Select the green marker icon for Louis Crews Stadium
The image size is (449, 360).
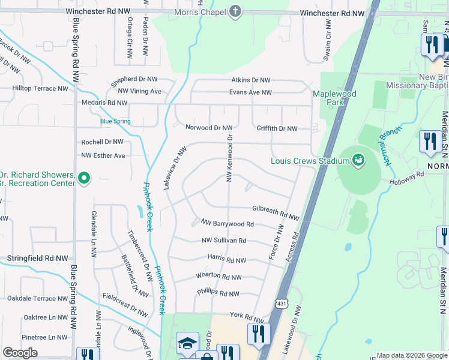click(x=358, y=160)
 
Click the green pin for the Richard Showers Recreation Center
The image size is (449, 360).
click(x=85, y=178)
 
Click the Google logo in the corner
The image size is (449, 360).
click(x=20, y=353)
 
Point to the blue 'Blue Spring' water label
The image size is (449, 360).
click(x=115, y=121)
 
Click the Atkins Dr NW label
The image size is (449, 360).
click(x=251, y=80)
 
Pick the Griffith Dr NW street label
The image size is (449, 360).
click(x=277, y=128)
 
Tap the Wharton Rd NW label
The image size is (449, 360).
click(x=218, y=277)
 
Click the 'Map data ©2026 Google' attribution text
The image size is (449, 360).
click(x=411, y=355)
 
